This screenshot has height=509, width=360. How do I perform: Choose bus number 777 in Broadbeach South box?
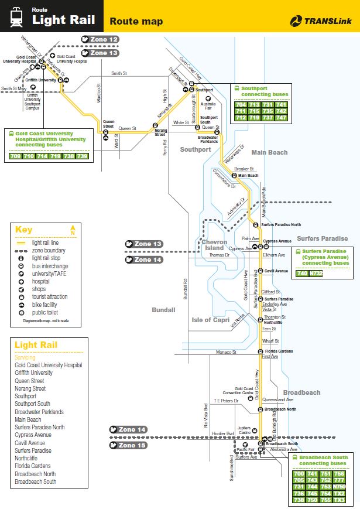pos(339,479)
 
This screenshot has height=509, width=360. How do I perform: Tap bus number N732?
pos(316,273)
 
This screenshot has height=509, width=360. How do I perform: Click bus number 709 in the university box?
pos(15,156)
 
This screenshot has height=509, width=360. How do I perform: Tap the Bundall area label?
pos(163,309)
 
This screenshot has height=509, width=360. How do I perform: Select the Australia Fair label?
pos(208,106)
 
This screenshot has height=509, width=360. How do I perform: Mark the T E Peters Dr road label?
pos(225,401)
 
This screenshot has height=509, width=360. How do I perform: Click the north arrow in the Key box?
pos(73,230)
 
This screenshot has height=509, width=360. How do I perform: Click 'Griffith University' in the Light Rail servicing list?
pos(33,373)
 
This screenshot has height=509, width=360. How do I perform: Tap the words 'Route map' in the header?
pos(136,22)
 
